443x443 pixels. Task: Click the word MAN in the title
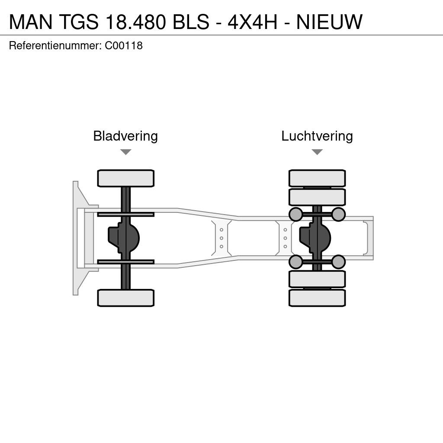point(31,22)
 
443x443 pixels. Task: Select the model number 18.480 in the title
point(136,22)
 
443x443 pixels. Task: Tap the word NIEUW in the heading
point(329,22)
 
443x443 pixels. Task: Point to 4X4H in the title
point(253,22)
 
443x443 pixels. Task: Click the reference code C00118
point(124,46)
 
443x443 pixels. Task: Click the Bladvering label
point(125,136)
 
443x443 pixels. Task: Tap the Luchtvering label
point(317,136)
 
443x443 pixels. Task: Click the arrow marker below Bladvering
point(126,152)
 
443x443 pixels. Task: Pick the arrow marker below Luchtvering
point(317,152)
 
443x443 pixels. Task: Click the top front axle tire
point(126,178)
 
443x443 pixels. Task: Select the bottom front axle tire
point(126,298)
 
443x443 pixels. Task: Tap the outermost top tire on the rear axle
point(317,178)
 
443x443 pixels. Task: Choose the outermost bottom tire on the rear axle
point(317,298)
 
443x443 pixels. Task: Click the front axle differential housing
point(124,238)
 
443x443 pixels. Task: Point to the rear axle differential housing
point(315,238)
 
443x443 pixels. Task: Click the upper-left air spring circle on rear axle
point(296,214)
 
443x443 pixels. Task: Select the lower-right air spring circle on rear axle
point(338,262)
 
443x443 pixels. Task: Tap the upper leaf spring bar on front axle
point(126,215)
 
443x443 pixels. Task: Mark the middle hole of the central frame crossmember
point(221,238)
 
